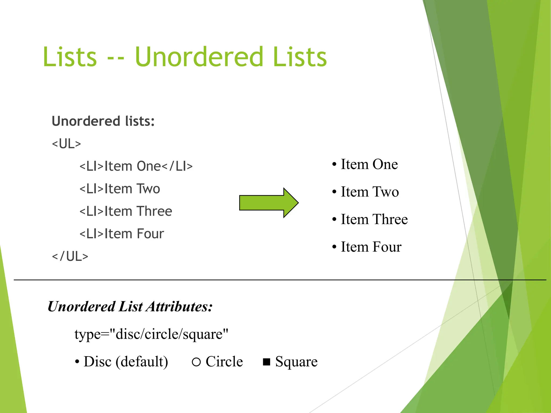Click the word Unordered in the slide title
pyautogui.click(x=199, y=57)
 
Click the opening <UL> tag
pyautogui.click(x=66, y=144)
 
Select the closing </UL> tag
pyautogui.click(x=70, y=256)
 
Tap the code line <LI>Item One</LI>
pyautogui.click(x=136, y=166)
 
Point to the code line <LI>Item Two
pyautogui.click(x=120, y=189)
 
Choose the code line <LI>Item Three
pyautogui.click(x=126, y=211)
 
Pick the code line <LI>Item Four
pyautogui.click(x=122, y=234)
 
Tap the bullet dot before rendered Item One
pyautogui.click(x=334, y=164)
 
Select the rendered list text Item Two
pyautogui.click(x=370, y=192)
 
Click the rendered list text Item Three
pyautogui.click(x=374, y=219)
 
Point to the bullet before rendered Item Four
pyautogui.click(x=334, y=247)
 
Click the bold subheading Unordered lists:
pyautogui.click(x=103, y=121)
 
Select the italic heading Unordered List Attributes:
pyautogui.click(x=130, y=307)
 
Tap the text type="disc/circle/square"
pyautogui.click(x=151, y=334)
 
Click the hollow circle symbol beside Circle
pyautogui.click(x=196, y=362)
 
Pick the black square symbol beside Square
pyautogui.click(x=266, y=362)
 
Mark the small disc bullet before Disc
pyautogui.click(x=77, y=362)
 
